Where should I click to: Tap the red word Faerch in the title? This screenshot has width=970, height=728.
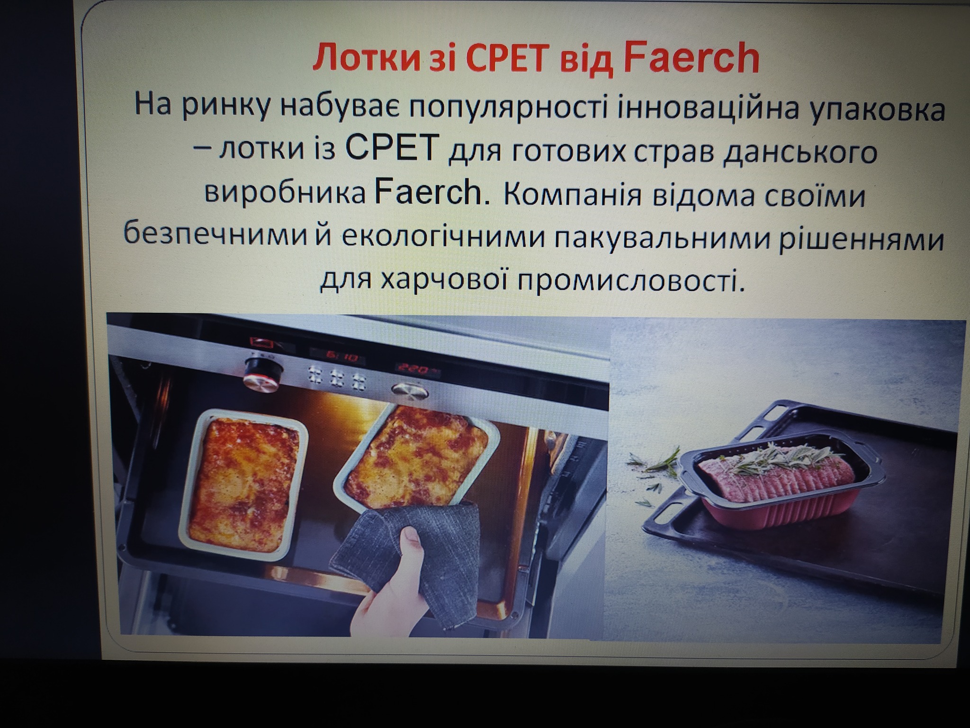click(x=692, y=57)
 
